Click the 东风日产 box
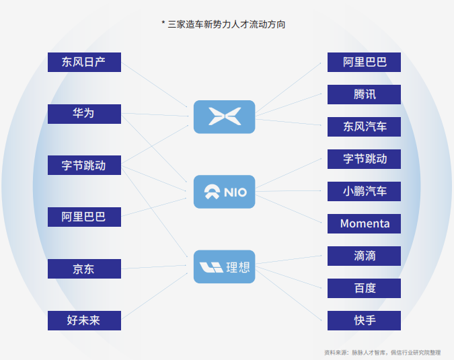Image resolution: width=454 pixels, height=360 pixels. (x=84, y=62)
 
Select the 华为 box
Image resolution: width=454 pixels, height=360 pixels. (x=84, y=114)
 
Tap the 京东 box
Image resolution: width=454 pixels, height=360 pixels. (x=84, y=268)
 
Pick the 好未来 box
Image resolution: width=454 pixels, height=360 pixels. (x=84, y=320)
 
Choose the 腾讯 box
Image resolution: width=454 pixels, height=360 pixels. (x=364, y=94)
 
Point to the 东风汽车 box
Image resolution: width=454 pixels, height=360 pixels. (x=364, y=127)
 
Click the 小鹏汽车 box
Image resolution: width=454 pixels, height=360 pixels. (x=364, y=191)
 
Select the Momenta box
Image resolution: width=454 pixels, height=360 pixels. (x=364, y=223)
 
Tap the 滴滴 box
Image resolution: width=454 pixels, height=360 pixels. (x=364, y=256)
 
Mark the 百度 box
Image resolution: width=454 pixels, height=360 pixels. (x=364, y=288)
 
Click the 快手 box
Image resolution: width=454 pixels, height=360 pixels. (x=364, y=320)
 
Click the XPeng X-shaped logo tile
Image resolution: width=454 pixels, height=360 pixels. (x=225, y=116)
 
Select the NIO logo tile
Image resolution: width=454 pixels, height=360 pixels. (x=225, y=192)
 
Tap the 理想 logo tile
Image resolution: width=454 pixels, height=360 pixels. (x=225, y=266)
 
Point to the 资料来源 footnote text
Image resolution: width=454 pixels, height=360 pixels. (x=382, y=353)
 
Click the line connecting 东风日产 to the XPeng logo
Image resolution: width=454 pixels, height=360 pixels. (x=154, y=85)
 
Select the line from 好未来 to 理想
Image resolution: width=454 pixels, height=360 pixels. (x=155, y=296)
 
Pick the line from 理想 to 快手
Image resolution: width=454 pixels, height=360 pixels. (x=289, y=293)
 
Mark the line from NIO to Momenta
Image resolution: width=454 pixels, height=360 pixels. (x=289, y=209)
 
